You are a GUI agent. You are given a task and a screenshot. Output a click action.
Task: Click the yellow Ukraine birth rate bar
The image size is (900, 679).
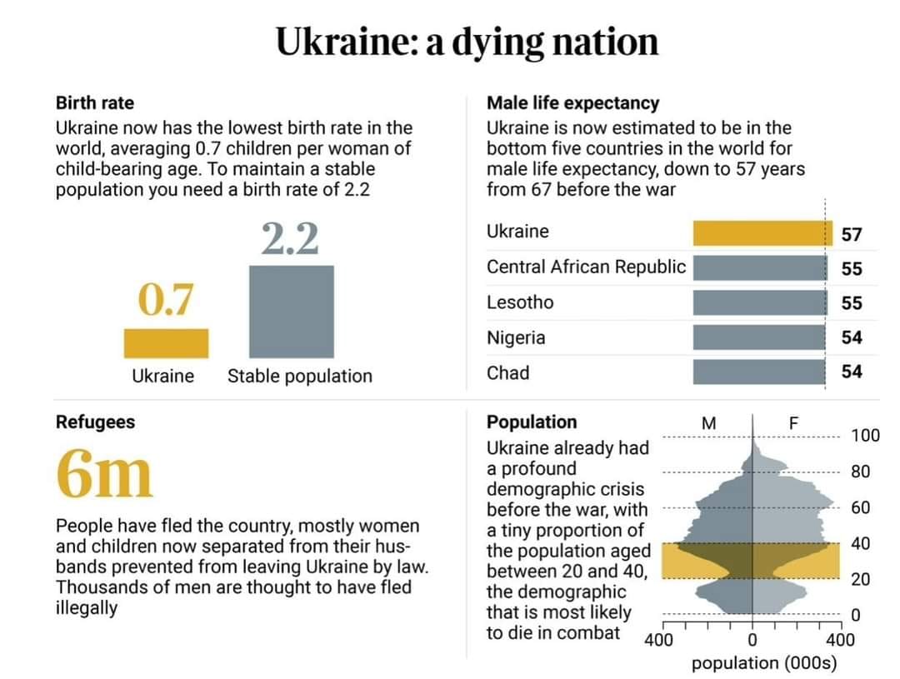(x=166, y=343)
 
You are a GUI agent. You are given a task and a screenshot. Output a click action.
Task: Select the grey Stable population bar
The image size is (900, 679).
(x=291, y=312)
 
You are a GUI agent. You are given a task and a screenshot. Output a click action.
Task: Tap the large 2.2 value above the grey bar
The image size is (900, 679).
(x=290, y=238)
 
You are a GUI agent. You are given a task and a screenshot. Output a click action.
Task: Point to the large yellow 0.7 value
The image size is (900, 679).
(x=165, y=299)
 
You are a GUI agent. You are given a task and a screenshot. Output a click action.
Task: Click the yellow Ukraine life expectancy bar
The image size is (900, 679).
(x=762, y=233)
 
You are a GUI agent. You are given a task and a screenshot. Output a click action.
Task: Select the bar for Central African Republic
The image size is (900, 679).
(x=761, y=268)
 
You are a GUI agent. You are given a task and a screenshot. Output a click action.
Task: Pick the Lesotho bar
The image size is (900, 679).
(x=761, y=302)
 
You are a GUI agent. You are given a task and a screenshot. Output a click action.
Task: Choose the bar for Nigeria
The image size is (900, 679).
(x=759, y=337)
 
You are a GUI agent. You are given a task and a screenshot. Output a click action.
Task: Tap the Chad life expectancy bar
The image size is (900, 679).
(x=759, y=372)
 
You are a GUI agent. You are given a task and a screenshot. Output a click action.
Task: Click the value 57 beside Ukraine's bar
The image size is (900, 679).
(x=852, y=234)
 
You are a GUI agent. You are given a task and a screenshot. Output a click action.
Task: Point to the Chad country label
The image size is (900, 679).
(x=508, y=372)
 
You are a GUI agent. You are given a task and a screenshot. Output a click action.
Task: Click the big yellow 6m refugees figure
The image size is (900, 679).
(x=104, y=473)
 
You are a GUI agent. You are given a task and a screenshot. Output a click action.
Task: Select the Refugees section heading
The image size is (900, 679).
(x=95, y=422)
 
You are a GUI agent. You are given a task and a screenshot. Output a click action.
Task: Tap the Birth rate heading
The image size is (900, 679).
(x=95, y=102)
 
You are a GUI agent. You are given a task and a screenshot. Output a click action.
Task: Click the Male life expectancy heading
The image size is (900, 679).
(x=572, y=103)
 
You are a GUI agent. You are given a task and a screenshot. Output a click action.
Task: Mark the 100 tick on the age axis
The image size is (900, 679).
(x=866, y=435)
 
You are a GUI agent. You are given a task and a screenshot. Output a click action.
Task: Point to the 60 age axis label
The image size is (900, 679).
(x=860, y=507)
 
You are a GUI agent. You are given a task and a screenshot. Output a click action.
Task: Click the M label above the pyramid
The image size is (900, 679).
(x=709, y=423)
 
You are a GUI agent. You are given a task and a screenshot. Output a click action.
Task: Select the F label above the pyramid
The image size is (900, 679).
(x=794, y=423)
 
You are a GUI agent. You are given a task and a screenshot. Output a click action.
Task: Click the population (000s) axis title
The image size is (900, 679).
(x=764, y=663)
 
